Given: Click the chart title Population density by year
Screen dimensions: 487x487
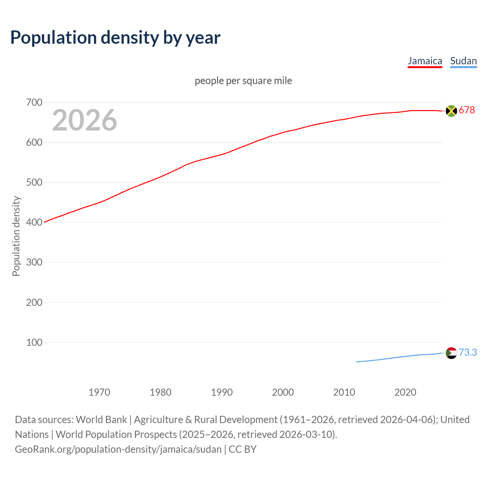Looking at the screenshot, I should coord(115,38).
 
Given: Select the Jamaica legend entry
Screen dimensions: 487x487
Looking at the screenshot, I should coord(425,61).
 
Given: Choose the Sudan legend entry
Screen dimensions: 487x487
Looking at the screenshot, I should coord(463,61).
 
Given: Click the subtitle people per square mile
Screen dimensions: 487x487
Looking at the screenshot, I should coord(243,81).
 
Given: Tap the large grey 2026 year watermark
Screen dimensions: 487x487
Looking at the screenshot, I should coord(84,120).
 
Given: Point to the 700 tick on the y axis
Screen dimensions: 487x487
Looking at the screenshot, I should coord(34,102).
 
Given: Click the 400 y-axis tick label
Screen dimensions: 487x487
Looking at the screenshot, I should coord(34,222).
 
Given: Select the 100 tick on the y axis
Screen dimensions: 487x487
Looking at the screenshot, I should coord(34,342).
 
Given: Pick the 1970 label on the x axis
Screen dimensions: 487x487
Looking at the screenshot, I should coord(99,392).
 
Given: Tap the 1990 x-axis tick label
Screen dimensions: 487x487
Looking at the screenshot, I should coord(222,392).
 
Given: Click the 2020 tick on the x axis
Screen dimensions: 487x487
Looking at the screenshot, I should coord(405,392).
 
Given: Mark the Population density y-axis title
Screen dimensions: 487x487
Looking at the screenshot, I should coord(16,236).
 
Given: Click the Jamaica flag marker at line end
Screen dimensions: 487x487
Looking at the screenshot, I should coord(451,111).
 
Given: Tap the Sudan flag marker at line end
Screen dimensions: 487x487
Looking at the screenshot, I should coord(451,353).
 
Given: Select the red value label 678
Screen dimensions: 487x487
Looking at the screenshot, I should coord(467,110).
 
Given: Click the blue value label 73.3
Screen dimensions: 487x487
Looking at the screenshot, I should coord(468,353).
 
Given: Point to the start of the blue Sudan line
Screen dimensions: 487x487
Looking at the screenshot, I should coord(357,362).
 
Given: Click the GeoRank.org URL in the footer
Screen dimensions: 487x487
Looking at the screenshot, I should coord(118,449).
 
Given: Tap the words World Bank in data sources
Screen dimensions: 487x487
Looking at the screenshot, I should coord(101,420).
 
